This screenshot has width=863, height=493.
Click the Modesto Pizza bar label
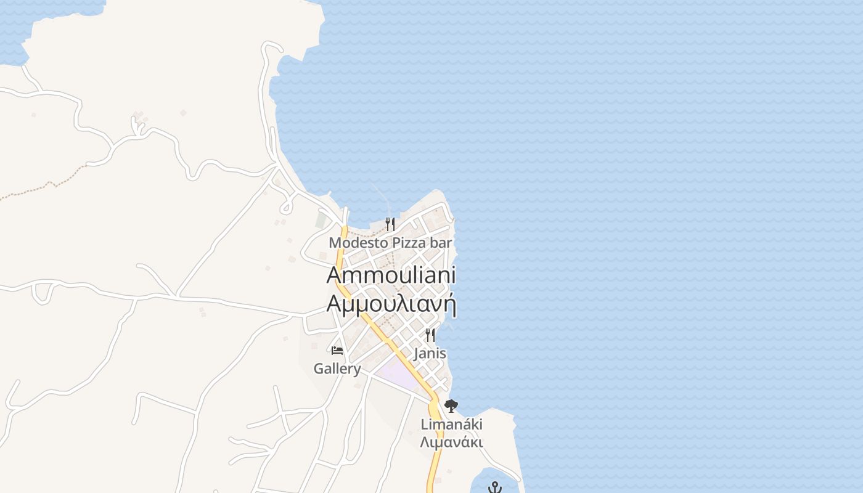[x=390, y=243]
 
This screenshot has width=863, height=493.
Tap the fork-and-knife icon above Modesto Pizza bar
[x=390, y=224]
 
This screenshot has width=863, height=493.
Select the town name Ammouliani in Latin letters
[x=391, y=275]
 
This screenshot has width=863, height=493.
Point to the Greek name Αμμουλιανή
[x=391, y=304]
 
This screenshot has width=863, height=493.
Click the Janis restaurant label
[x=430, y=354]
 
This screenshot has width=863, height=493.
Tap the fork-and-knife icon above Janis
[x=430, y=335]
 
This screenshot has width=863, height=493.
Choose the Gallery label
[x=337, y=369]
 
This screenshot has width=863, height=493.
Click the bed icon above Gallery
[x=337, y=351]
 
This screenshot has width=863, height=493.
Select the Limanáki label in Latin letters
[x=451, y=425]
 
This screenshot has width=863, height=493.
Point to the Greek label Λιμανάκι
[x=451, y=442]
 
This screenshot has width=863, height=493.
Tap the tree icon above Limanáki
[x=451, y=406]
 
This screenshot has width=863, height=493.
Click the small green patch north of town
[x=321, y=219]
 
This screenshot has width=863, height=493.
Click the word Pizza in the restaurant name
[x=409, y=243]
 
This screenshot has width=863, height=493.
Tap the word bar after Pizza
[x=441, y=243]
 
